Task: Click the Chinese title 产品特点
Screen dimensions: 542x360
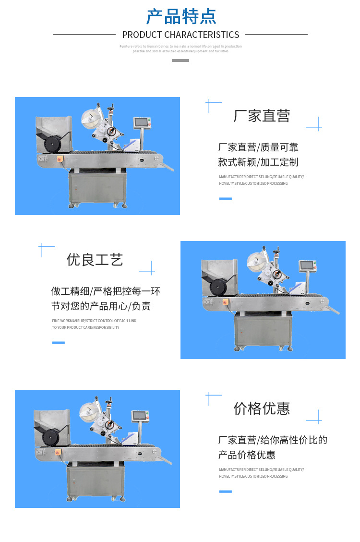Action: [x=181, y=16]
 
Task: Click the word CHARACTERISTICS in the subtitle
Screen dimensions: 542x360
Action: [x=202, y=35]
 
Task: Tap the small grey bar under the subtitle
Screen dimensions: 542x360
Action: [x=180, y=60]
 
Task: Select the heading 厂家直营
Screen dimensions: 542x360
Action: [x=262, y=116]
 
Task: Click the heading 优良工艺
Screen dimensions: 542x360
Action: [x=95, y=260]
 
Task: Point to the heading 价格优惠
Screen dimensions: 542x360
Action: [x=262, y=409]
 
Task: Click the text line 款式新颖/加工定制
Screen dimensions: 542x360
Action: [x=258, y=162]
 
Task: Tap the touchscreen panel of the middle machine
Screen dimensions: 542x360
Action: [x=308, y=265]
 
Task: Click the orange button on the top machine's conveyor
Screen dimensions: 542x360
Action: [x=60, y=158]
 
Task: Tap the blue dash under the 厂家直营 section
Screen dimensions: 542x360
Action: [x=225, y=198]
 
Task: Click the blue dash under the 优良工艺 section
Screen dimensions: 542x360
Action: [x=58, y=342]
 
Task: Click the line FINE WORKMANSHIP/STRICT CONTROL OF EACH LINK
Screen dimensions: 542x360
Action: [x=94, y=320]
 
